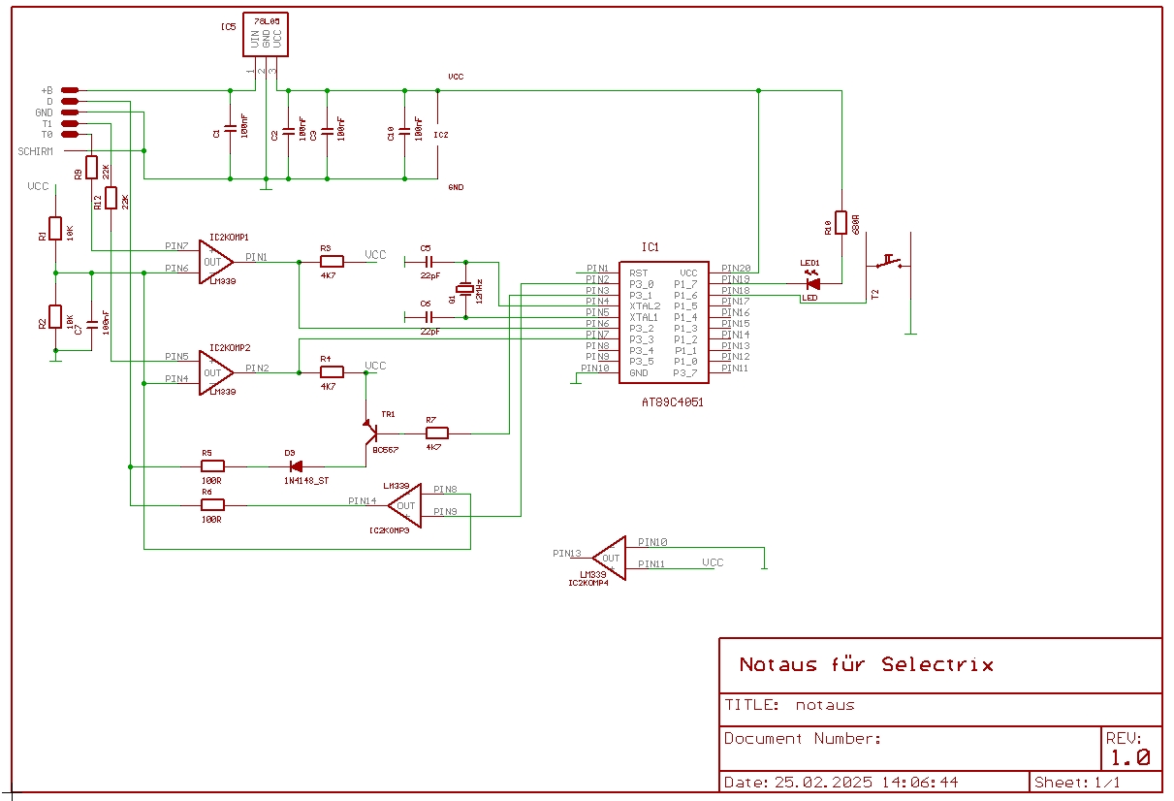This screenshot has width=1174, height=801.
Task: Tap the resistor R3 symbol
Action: (x=332, y=261)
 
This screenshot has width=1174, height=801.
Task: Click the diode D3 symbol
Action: (x=296, y=466)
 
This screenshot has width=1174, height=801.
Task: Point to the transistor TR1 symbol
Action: (x=370, y=427)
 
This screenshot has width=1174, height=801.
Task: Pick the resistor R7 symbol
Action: (x=437, y=433)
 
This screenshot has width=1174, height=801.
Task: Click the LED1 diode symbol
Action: (x=812, y=283)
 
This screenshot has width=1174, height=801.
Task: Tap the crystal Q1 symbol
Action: (x=466, y=288)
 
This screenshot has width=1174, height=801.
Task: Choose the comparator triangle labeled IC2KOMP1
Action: (x=216, y=262)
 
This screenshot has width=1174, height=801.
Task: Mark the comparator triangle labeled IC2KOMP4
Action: (x=610, y=559)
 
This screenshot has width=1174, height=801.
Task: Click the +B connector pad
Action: (x=69, y=90)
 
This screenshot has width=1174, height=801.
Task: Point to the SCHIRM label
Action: (x=35, y=151)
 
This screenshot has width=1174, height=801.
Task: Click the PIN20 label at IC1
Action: (x=735, y=269)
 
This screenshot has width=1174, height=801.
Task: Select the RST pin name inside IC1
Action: (x=638, y=273)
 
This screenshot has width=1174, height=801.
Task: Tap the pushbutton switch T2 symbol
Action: (x=890, y=262)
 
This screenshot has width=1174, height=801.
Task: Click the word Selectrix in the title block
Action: (x=937, y=665)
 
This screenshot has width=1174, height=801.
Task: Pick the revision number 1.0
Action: (x=1129, y=758)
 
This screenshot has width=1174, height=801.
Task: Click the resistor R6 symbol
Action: (x=211, y=504)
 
